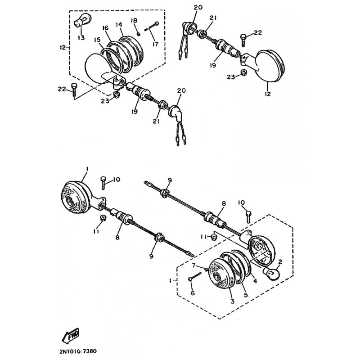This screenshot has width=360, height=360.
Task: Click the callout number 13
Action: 81,37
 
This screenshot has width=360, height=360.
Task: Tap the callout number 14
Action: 119,24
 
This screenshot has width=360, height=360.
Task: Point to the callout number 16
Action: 105,28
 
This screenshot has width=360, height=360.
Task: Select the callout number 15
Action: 97,40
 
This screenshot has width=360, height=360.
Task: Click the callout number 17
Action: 155,44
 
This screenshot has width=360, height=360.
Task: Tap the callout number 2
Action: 280,261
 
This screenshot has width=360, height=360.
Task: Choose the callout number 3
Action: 232,301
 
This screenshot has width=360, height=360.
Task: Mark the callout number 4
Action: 255,280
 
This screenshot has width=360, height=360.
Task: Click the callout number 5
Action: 246,295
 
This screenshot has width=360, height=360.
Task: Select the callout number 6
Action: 193,293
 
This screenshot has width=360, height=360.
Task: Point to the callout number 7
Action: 193,265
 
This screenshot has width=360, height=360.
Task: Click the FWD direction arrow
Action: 71,335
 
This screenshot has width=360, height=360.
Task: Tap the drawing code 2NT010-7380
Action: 78,351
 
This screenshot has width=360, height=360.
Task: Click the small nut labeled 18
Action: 139,34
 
